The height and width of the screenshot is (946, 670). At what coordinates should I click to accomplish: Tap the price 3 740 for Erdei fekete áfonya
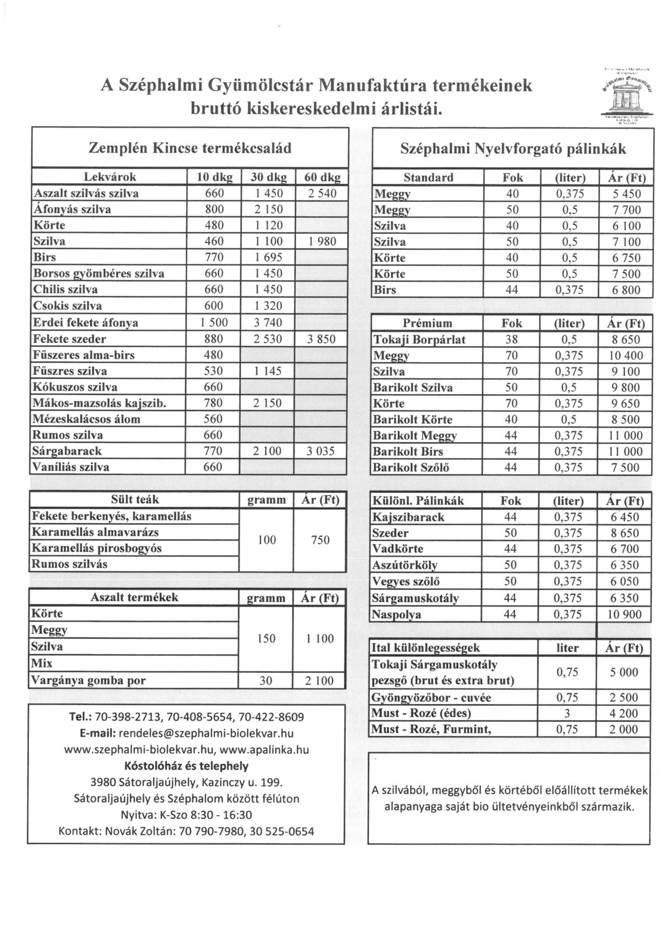click(x=268, y=322)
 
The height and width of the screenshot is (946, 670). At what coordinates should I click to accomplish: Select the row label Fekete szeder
click(x=70, y=339)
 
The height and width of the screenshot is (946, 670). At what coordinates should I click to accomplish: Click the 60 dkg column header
click(x=322, y=177)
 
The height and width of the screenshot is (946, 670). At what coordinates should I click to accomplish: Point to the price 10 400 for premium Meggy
click(x=625, y=355)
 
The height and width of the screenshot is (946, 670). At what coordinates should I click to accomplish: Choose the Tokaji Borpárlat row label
click(x=419, y=339)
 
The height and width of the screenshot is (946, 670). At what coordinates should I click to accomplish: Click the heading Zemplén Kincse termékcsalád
click(x=190, y=147)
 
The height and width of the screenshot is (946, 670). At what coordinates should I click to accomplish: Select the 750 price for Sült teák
click(x=320, y=540)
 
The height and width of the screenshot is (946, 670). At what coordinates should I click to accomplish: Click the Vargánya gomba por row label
click(x=89, y=680)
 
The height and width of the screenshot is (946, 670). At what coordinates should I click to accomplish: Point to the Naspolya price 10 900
click(x=624, y=615)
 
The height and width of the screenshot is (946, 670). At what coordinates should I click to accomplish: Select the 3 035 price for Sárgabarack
click(x=320, y=451)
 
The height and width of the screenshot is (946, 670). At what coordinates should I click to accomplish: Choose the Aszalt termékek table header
click(x=135, y=597)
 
